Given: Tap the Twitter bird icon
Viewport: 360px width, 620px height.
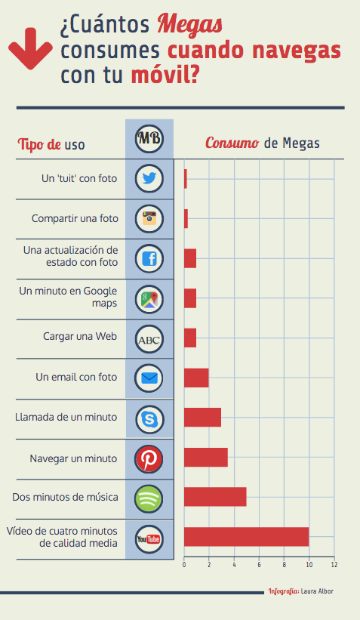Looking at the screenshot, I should [149, 179].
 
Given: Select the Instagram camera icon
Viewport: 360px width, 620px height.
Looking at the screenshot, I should [149, 219].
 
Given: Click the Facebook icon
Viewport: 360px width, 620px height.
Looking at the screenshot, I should [149, 259].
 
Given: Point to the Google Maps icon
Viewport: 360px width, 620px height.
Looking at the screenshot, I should [149, 299].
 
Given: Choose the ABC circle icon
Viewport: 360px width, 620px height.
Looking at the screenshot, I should [149, 339].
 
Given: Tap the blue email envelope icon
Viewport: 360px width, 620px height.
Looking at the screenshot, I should [149, 378].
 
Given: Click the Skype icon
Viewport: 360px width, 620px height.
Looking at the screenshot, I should [149, 418].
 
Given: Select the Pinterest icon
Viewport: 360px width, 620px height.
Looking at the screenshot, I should [149, 458].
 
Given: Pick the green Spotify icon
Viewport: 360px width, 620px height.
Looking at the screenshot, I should [149, 498].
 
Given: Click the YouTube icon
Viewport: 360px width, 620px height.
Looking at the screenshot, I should [149, 538].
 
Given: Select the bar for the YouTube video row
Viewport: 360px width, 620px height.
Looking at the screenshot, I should [246, 537].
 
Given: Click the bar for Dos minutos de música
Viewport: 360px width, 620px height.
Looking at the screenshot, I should [215, 497].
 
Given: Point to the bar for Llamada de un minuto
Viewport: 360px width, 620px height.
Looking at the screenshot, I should [202, 418].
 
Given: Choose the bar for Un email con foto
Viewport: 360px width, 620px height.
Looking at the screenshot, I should [196, 378].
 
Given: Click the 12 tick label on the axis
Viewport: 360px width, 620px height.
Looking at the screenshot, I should [334, 564].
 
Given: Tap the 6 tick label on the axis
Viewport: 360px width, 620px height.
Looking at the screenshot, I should [259, 564].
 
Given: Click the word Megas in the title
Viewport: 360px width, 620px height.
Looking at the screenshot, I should [189, 25].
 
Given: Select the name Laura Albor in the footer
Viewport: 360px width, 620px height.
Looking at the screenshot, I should [317, 591].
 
